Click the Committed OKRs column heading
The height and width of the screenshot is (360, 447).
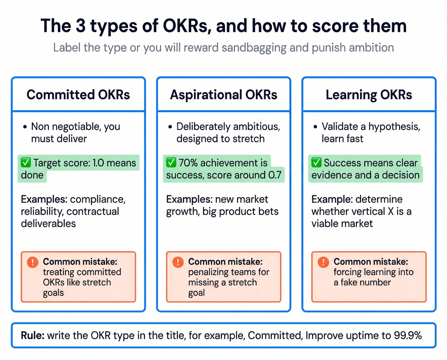pyautogui.click(x=78, y=95)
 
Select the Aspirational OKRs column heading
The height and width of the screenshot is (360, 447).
pyautogui.click(x=223, y=95)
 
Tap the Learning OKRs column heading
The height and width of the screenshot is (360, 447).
pyautogui.click(x=369, y=95)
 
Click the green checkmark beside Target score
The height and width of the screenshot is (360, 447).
pyautogui.click(x=26, y=163)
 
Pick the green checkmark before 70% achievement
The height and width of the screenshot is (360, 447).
pyautogui.click(x=171, y=163)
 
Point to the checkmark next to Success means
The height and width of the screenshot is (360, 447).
pyautogui.click(x=316, y=163)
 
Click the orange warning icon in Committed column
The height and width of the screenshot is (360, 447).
pyautogui.click(x=33, y=262)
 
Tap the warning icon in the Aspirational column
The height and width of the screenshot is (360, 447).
pyautogui.click(x=178, y=262)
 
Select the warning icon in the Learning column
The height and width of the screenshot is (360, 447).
pyautogui.click(x=323, y=262)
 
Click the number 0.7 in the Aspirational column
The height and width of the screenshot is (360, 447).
pyautogui.click(x=275, y=175)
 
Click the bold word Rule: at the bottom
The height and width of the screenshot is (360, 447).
pyautogui.click(x=33, y=335)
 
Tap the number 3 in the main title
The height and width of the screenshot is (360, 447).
pyautogui.click(x=80, y=26)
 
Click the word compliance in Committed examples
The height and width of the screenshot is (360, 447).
pyautogui.click(x=97, y=199)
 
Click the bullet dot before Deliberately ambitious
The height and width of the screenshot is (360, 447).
pyautogui.click(x=170, y=127)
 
